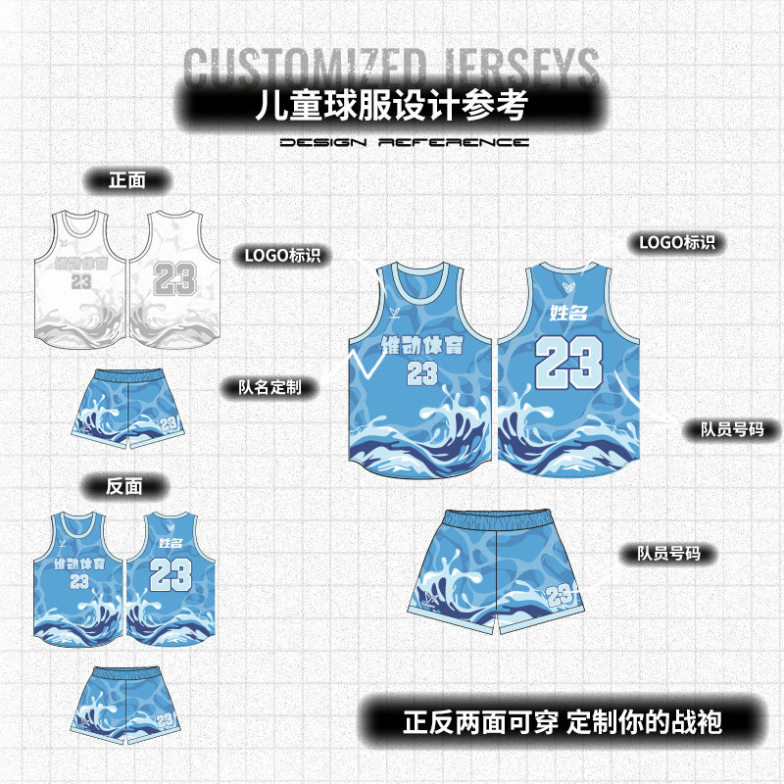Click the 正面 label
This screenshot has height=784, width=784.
pos(127,180)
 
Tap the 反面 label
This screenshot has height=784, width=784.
pos(126,486)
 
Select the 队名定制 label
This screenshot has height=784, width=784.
pos(269,387)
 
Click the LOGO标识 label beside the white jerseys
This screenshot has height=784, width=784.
pos(282,256)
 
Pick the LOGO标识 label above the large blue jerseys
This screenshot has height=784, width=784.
pos(676,242)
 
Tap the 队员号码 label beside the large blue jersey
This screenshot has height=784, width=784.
pos(731,429)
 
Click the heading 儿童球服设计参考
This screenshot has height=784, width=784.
pos(391,104)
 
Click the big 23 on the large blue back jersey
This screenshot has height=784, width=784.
pos(568,361)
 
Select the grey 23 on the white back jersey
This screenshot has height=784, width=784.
pos(172,279)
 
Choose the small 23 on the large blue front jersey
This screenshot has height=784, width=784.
pos(421,373)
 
